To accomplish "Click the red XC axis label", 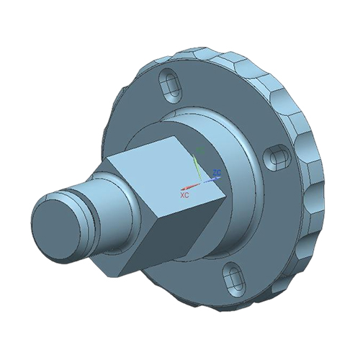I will point(184,194).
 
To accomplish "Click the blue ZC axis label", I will point(217,173).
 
